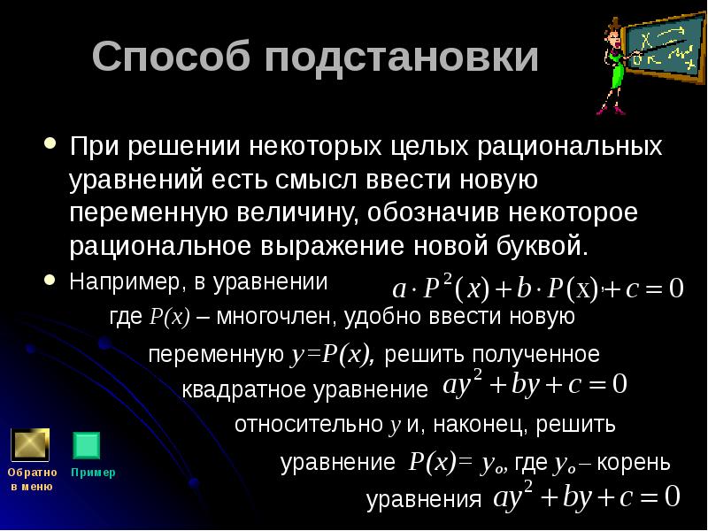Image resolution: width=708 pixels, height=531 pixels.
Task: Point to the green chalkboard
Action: pos(666,49)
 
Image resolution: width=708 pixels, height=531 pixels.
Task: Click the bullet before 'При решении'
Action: pos(51,144)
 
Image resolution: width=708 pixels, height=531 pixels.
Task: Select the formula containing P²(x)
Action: pos(539,289)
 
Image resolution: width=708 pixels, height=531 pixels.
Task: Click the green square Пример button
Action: pos(88,445)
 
